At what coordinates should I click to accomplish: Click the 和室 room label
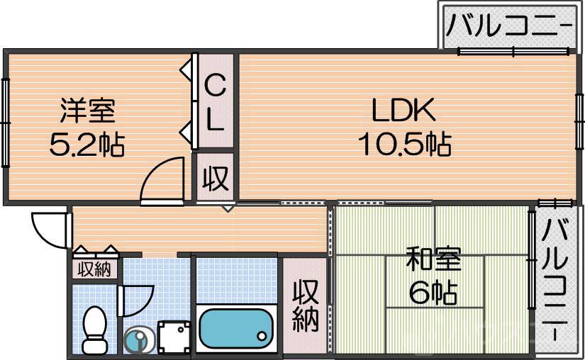pyautogui.click(x=433, y=260)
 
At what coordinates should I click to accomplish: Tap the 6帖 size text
pyautogui.click(x=433, y=291)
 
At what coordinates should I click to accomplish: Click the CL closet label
pyautogui.click(x=216, y=103)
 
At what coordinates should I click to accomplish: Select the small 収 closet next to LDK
pyautogui.click(x=216, y=178)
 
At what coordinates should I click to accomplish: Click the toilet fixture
pyautogui.click(x=94, y=330)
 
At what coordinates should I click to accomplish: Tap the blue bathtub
pyautogui.click(x=236, y=327)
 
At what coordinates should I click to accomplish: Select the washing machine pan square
pyautogui.click(x=174, y=337)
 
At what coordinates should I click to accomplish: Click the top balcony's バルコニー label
pyautogui.click(x=509, y=27)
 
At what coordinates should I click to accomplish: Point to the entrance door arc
pyautogui.click(x=48, y=228)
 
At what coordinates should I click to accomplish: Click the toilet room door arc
pyautogui.click(x=136, y=301)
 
